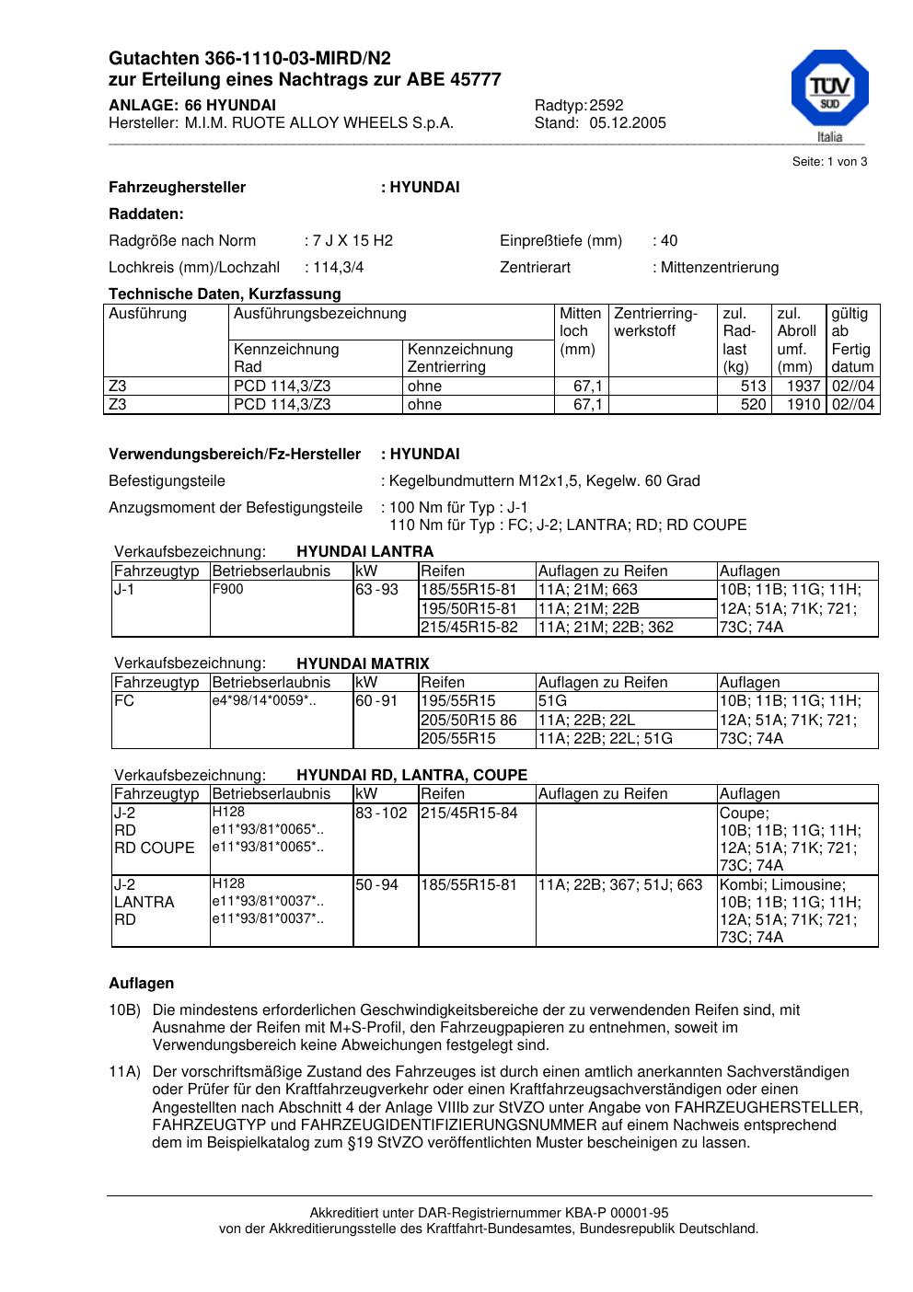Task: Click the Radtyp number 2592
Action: tap(607, 106)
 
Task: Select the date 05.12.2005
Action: tap(628, 123)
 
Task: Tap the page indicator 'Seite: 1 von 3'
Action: tap(829, 162)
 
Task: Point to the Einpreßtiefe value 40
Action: tap(668, 241)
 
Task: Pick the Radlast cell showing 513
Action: tap(753, 386)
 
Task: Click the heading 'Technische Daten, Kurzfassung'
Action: tap(225, 294)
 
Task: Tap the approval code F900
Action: tap(227, 589)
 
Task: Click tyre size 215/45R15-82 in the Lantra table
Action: tap(469, 628)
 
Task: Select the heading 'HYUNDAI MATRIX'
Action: tap(363, 663)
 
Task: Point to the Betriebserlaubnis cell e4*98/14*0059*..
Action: tap(264, 700)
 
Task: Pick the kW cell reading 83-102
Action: tap(381, 813)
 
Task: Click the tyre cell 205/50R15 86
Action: tap(469, 720)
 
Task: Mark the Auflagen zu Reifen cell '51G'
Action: tap(552, 701)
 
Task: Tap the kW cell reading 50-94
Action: tap(376, 885)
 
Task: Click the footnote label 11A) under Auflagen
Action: tap(124, 1072)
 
